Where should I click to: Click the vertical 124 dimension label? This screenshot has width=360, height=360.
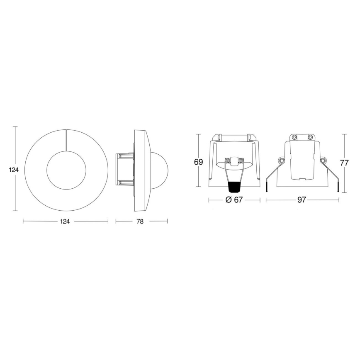(10, 170)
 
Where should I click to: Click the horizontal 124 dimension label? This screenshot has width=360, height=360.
(65, 221)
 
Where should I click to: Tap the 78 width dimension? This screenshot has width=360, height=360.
(140, 221)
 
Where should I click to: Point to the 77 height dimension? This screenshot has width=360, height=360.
(344, 163)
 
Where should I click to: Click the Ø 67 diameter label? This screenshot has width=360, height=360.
(234, 200)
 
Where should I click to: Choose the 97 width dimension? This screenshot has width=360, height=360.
(302, 200)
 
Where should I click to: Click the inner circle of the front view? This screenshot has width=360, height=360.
(66, 170)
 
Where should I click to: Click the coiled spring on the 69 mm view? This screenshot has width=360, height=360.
(234, 162)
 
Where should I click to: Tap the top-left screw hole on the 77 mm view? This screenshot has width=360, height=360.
(294, 137)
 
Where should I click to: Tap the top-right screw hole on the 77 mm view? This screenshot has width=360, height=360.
(310, 137)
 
